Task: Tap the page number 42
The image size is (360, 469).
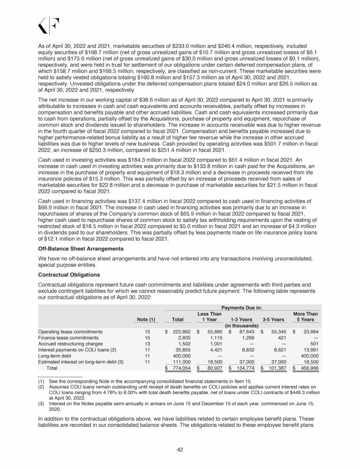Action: [x=180, y=450]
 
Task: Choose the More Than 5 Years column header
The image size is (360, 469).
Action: [x=305, y=317]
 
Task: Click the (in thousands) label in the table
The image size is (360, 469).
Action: [x=242, y=325]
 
